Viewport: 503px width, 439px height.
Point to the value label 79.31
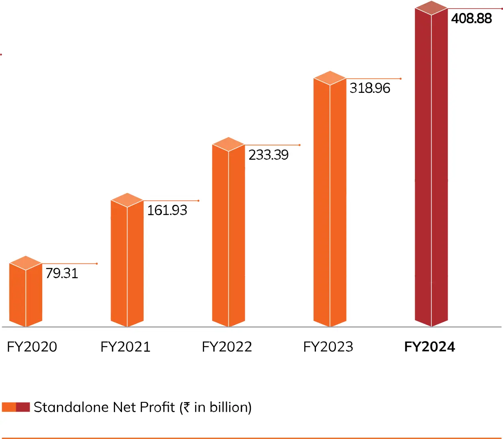click(x=61, y=273)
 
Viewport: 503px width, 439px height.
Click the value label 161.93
click(x=167, y=210)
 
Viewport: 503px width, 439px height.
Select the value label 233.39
click(x=268, y=155)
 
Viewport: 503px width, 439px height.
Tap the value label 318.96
click(x=370, y=88)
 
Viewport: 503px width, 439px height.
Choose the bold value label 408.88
click(x=471, y=18)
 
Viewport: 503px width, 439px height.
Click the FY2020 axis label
click(x=32, y=347)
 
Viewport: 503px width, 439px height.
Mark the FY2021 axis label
click(x=125, y=347)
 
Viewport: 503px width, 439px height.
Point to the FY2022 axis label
click(x=227, y=347)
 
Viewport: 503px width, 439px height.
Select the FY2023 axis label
click(x=328, y=347)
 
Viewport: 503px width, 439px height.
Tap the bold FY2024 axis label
click(x=429, y=347)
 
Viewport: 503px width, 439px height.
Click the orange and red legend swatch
click(x=16, y=407)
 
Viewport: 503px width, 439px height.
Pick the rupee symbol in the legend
click(x=186, y=407)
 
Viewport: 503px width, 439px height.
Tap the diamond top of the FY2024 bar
click(x=431, y=8)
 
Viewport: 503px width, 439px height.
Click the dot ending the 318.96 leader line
click(x=401, y=79)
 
